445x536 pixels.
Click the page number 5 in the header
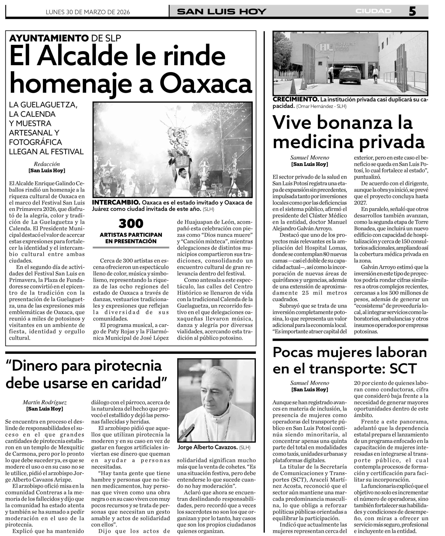point(412,12)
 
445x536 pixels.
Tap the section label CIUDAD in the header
point(373,11)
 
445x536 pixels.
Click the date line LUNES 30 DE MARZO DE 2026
point(88,12)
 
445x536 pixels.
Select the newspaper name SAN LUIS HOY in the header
point(222,12)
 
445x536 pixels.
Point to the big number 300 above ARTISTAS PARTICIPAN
point(131,224)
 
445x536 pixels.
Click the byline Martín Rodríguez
point(45,402)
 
